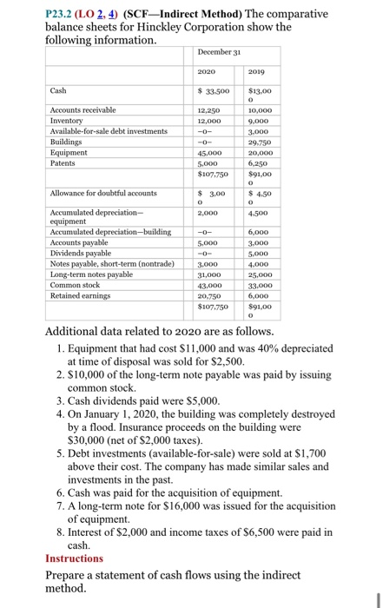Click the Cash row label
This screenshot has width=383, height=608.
[58, 90]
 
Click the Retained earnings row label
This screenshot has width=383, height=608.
[79, 294]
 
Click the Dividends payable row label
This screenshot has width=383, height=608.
[83, 254]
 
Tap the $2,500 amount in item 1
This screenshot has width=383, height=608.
[225, 360]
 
